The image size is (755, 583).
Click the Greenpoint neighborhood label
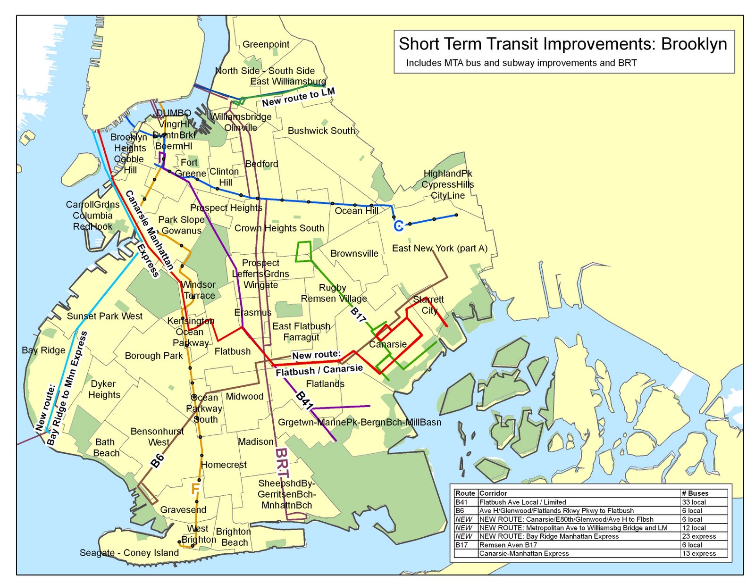point(266,44)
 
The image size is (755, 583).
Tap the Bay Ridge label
point(43,350)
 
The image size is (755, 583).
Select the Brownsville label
point(354,253)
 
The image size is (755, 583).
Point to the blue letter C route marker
point(399,226)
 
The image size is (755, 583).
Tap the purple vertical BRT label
point(282,462)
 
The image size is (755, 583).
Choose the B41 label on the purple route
point(304,400)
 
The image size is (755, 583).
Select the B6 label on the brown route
point(157,460)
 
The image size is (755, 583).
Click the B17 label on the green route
point(358,315)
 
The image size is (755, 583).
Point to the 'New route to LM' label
point(298,97)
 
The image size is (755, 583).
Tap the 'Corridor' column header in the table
point(493,493)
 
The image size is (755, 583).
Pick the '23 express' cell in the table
point(699,536)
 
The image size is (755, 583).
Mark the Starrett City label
point(428,305)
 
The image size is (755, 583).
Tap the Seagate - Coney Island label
point(129,553)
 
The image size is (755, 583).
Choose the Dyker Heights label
point(104,389)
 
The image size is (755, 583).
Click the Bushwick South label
point(321,131)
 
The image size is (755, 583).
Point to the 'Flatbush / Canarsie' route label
point(319,370)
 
